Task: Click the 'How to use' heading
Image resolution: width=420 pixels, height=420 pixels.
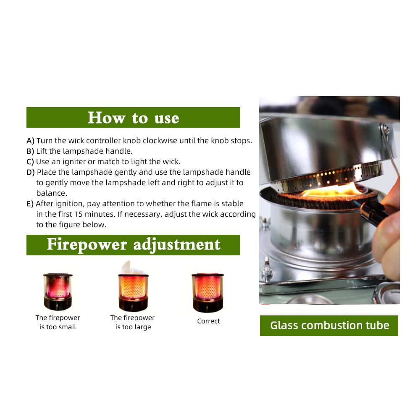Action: click(133, 118)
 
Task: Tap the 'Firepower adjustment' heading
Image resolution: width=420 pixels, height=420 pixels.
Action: click(133, 244)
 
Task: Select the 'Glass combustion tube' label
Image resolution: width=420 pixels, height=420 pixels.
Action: click(329, 325)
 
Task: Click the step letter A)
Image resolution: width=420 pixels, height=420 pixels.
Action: click(30, 141)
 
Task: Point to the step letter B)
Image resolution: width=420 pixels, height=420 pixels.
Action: click(30, 151)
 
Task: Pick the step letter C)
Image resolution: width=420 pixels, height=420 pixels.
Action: click(30, 162)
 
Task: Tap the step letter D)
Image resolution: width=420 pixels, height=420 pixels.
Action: click(31, 172)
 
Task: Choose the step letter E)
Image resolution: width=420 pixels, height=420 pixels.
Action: click(30, 204)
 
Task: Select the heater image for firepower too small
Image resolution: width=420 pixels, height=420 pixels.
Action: click(58, 290)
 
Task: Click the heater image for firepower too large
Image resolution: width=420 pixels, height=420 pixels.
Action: click(133, 288)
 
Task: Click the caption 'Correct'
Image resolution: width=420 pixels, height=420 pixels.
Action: click(208, 321)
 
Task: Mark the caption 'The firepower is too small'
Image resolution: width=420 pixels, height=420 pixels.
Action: click(58, 323)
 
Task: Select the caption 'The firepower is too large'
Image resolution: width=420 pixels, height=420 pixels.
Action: click(133, 323)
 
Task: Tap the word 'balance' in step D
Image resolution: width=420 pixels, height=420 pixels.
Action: click(51, 193)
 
